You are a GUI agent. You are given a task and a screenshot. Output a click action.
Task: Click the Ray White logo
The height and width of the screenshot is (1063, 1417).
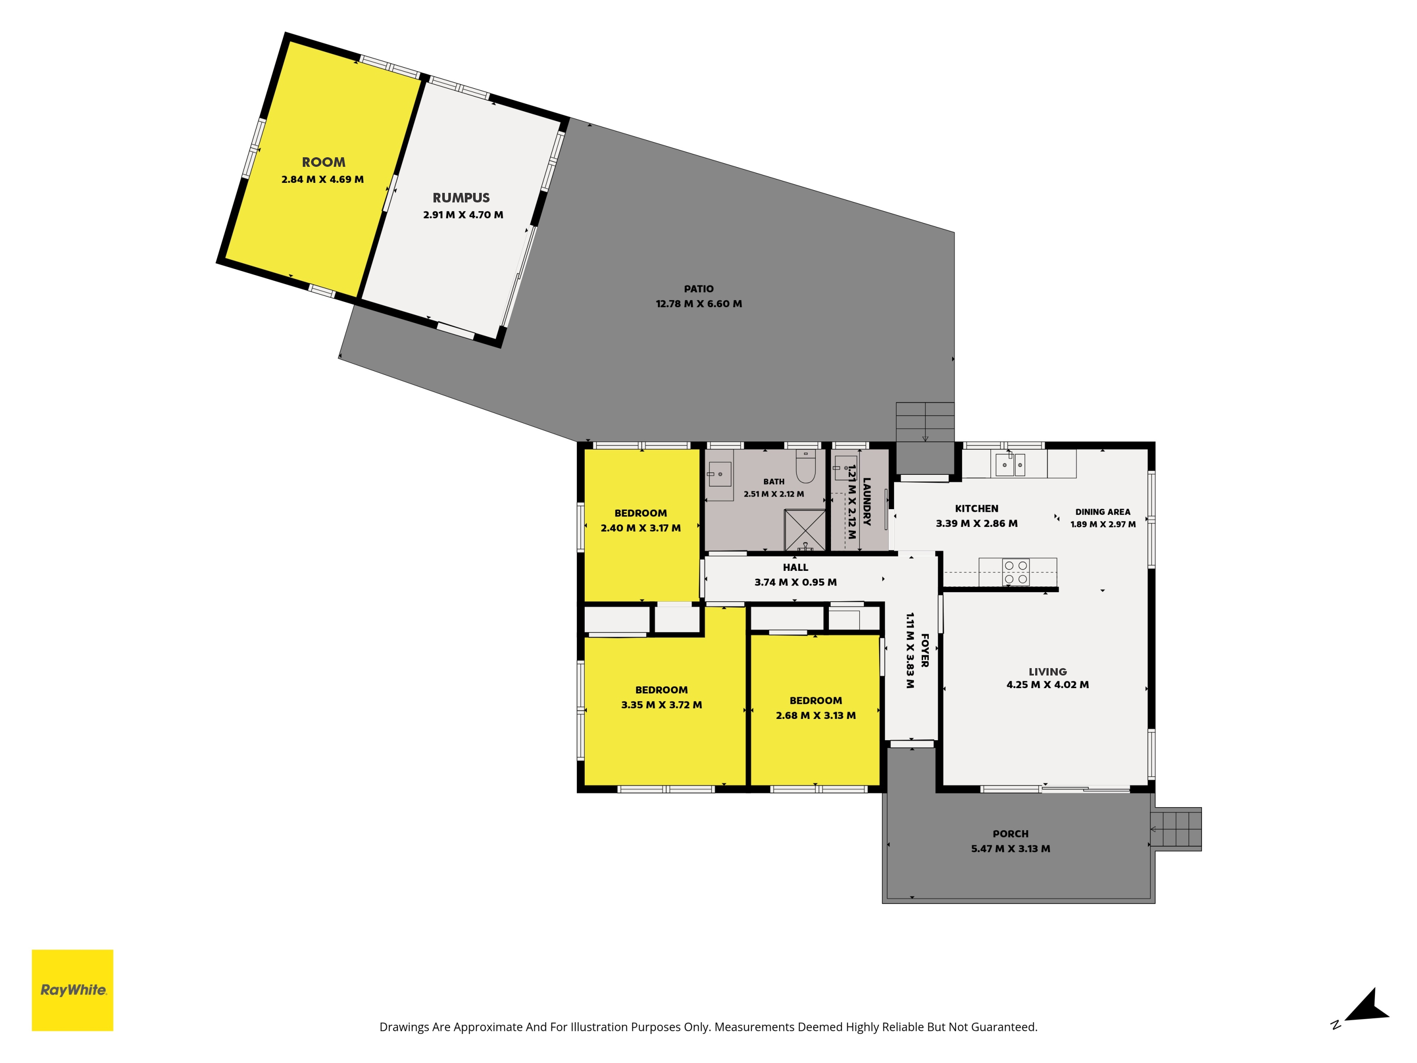(x=73, y=990)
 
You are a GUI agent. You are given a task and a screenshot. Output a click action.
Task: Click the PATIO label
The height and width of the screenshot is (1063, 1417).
(x=698, y=289)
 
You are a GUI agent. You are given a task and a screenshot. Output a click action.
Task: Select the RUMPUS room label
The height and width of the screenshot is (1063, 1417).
(x=461, y=198)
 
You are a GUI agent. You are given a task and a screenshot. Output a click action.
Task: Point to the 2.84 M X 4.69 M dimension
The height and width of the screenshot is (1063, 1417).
(x=322, y=179)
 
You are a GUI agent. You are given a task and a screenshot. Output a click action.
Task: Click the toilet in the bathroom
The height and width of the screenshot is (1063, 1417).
(x=805, y=466)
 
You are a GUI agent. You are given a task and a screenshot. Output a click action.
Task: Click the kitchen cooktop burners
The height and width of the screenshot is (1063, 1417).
(x=1016, y=572)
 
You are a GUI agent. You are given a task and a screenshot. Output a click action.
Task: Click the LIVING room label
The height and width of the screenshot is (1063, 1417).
(x=1047, y=672)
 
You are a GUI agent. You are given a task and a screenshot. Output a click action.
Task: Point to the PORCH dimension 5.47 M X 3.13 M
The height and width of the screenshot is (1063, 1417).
(x=1010, y=848)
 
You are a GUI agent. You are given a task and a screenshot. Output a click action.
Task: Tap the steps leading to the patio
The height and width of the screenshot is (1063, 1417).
(x=925, y=422)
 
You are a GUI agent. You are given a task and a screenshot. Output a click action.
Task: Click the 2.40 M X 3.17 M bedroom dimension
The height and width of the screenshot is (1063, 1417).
(x=641, y=528)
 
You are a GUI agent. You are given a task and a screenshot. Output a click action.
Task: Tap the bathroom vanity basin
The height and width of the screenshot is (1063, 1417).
(x=720, y=474)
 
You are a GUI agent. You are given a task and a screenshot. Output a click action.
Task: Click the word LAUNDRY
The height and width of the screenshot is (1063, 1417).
(x=867, y=502)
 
